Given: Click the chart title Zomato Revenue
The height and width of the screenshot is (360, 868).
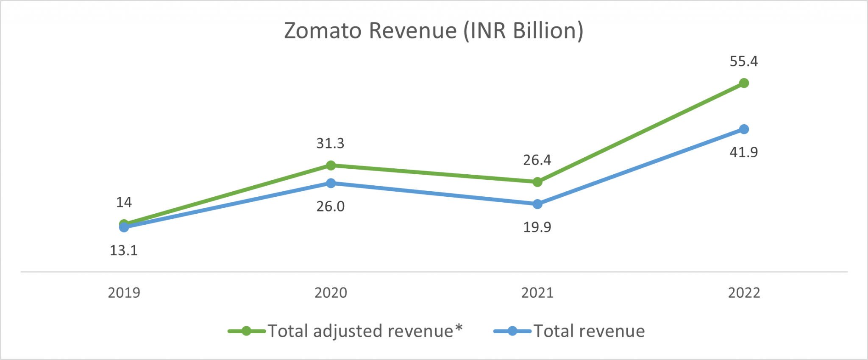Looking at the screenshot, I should click(x=433, y=31).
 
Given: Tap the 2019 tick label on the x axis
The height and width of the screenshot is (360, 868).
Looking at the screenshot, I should click(x=124, y=293).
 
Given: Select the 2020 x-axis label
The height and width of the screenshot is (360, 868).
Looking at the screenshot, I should click(x=331, y=293).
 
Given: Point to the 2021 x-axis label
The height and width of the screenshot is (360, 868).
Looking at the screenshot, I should click(x=537, y=293).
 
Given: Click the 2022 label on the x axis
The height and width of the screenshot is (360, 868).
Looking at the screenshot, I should click(x=744, y=293).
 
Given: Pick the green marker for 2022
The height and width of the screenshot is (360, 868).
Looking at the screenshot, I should click(x=744, y=83).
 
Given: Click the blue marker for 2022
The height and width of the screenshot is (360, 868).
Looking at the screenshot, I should click(x=744, y=129).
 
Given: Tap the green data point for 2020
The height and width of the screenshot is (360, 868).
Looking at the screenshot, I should click(x=331, y=165).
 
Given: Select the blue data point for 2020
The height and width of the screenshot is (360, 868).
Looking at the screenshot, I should click(x=331, y=183).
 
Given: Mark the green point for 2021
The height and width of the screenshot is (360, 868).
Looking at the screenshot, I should click(x=537, y=182).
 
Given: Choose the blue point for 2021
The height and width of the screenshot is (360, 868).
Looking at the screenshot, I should click(x=537, y=204).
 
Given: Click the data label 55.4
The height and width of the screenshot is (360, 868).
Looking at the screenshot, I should click(x=743, y=61).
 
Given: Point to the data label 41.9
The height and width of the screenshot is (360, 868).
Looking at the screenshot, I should click(x=743, y=152).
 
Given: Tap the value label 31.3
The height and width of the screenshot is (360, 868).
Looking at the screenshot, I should click(x=330, y=143).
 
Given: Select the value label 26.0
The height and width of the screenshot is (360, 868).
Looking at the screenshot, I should click(x=330, y=207).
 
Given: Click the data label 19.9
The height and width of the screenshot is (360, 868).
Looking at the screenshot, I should click(x=537, y=227).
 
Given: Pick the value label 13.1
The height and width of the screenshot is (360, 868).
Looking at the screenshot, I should click(x=124, y=251).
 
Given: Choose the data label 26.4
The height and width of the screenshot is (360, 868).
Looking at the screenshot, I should click(x=537, y=160).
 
